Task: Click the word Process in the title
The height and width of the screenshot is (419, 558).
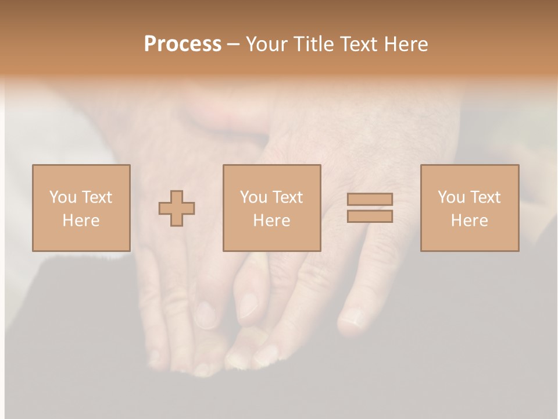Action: tap(183, 44)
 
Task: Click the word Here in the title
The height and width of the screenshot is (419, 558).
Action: tap(408, 44)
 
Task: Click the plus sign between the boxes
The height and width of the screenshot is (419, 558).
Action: tap(177, 208)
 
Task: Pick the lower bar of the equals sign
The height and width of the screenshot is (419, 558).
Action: tap(370, 216)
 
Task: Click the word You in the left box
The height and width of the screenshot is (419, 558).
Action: tap(63, 197)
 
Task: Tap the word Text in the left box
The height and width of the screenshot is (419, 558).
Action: tap(96, 197)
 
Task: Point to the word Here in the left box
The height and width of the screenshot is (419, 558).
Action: tap(81, 221)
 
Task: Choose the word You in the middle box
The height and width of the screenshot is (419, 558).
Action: tap(253, 197)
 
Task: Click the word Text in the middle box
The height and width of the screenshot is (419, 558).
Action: tap(287, 197)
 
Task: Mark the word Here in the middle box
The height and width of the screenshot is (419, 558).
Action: tap(271, 221)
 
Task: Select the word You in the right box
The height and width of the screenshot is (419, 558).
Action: tap(451, 197)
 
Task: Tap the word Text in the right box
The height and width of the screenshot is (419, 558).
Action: tap(485, 197)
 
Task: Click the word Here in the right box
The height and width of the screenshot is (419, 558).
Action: tap(469, 221)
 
